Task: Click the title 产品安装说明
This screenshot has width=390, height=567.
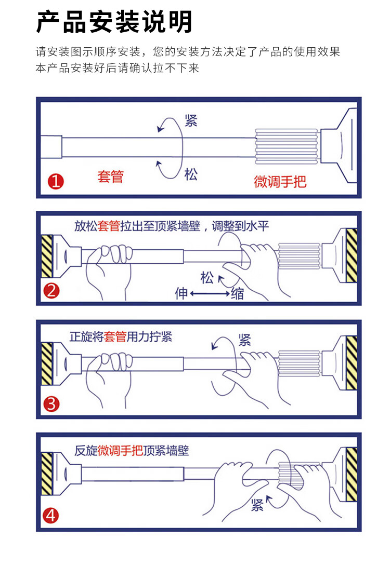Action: (114, 22)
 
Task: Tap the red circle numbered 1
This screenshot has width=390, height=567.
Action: (56, 182)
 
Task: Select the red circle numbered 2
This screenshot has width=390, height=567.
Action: (51, 291)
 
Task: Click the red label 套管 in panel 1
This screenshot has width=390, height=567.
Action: (110, 176)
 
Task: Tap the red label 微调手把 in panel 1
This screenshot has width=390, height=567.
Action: (280, 181)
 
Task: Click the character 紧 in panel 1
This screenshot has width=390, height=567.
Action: (191, 122)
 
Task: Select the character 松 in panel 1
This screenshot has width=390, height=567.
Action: (191, 174)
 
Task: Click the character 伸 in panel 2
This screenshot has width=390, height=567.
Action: (181, 294)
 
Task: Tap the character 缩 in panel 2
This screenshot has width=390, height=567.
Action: (237, 294)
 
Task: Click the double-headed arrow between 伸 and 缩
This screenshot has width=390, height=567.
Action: (209, 294)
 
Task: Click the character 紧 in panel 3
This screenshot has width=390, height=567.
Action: (244, 340)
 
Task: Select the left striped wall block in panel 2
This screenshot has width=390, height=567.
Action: (47, 256)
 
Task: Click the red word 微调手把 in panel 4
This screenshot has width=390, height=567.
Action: (120, 450)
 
